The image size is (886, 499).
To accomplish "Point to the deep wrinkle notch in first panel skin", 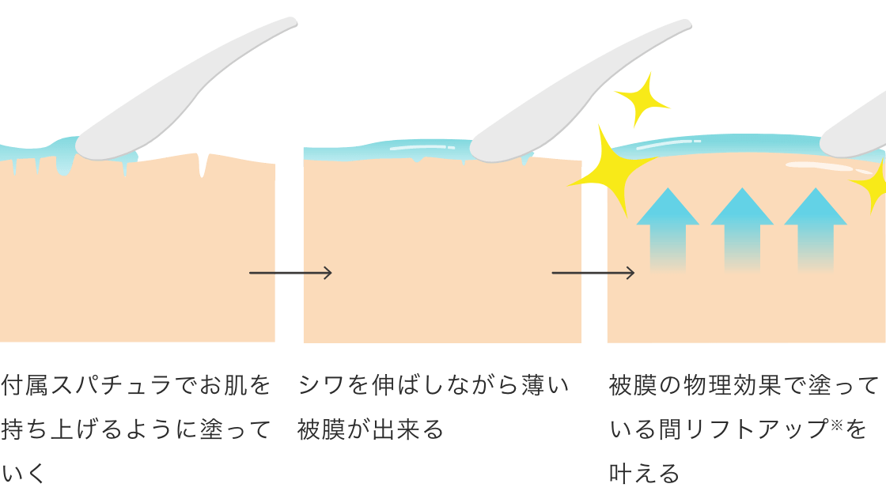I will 204,164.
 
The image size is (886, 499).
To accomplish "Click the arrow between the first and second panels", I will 290,273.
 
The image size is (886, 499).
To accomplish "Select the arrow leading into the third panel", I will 593,273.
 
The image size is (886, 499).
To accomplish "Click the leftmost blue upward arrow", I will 668,229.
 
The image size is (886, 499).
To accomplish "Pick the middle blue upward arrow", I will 742,229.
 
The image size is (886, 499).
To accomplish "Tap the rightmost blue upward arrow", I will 816,229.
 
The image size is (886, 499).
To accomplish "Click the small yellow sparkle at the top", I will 642,99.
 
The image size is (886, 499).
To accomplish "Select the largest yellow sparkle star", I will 608,169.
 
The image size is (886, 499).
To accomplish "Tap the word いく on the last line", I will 21,474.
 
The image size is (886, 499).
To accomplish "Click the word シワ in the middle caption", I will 320,386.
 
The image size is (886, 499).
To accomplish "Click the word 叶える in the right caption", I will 644,474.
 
